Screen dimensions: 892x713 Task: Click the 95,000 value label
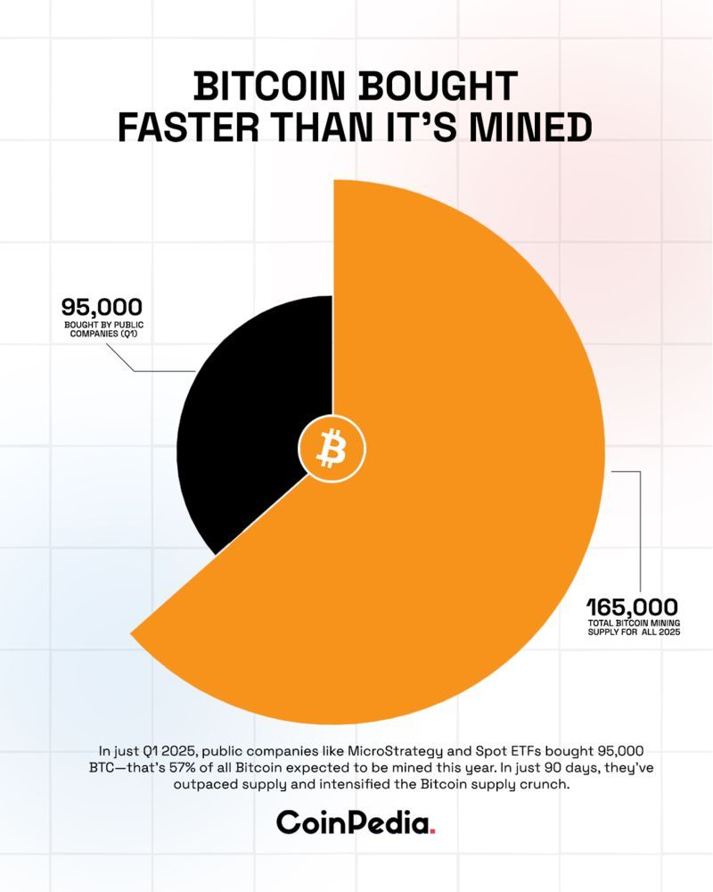point(101,308)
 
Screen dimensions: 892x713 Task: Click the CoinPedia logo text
point(352,822)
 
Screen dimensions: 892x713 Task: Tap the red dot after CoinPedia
point(432,831)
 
